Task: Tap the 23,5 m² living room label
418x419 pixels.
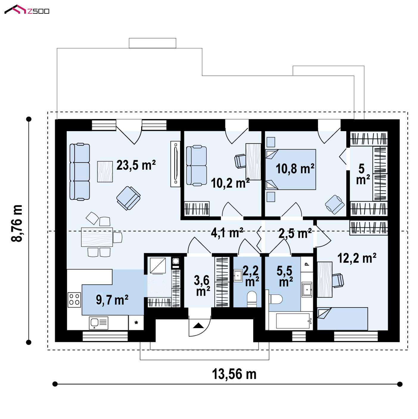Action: [x=136, y=165]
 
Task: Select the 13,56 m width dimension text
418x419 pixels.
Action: [x=234, y=374]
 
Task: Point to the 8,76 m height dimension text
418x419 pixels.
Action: [x=17, y=223]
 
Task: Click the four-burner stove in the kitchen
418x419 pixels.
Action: [x=74, y=300]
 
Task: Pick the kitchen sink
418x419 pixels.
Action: [x=99, y=323]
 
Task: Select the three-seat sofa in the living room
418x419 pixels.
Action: [x=80, y=172]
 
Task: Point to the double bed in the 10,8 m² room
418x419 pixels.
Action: [x=290, y=169]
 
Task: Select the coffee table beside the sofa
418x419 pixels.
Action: [x=105, y=172]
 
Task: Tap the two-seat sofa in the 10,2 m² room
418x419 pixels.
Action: [x=196, y=165]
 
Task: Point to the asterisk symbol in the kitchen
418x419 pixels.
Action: [x=136, y=323]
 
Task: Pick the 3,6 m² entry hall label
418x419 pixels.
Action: [x=202, y=286]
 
